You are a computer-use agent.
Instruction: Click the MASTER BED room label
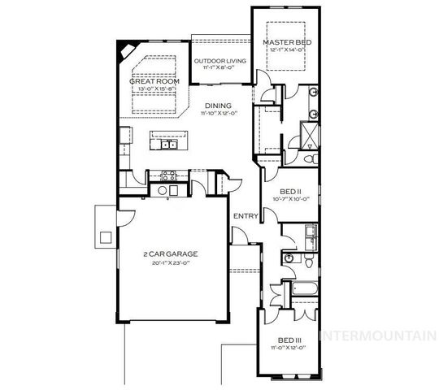coord(285,41)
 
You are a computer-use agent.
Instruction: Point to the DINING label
coord(218,106)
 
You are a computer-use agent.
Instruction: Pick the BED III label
coord(289,340)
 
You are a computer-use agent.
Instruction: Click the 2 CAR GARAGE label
coord(171,253)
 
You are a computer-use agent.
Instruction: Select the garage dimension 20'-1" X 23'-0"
coord(171,262)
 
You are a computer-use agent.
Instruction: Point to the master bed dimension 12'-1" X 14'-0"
coord(285,50)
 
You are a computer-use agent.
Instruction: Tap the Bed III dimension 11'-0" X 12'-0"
coord(289,348)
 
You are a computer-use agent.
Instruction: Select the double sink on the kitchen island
coord(169,145)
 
